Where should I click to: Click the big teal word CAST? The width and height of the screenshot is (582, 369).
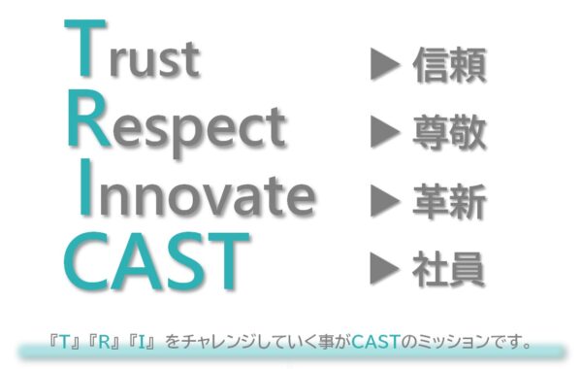[152, 261]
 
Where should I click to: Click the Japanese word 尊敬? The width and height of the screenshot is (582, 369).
[448, 133]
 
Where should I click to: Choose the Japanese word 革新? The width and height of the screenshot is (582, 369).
[448, 201]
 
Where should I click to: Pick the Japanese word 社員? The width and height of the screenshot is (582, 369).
[448, 265]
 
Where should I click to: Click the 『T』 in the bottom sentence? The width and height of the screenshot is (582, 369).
[65, 342]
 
